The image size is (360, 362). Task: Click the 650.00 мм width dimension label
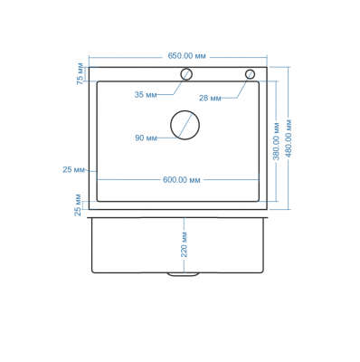coord(186,56)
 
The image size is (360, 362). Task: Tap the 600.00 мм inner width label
coord(182,180)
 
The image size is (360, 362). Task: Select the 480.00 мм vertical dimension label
coord(289,138)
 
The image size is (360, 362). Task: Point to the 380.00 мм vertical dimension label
coord(277,141)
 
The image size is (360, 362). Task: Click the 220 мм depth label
coord(184,244)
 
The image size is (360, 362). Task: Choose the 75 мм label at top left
coord(81,73)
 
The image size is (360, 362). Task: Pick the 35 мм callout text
coord(146,95)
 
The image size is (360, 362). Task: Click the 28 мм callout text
coord(210,98)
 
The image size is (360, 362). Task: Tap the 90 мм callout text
coord(146,138)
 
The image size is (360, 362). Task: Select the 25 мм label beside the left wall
coord(73,170)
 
